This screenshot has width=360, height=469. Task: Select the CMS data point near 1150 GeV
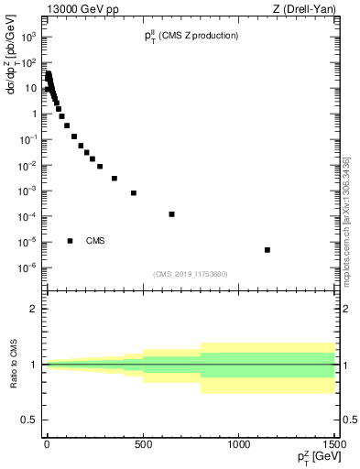[x=267, y=250]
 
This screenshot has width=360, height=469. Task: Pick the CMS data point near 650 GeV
[x=171, y=214]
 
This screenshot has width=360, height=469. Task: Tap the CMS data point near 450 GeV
[x=134, y=193]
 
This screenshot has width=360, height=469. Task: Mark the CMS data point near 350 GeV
[x=115, y=179]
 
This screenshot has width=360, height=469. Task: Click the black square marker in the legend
[x=70, y=241]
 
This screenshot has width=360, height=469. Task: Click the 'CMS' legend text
[x=95, y=241]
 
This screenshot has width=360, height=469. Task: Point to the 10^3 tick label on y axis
[x=30, y=38]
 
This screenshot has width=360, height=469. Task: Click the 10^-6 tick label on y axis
[x=30, y=267]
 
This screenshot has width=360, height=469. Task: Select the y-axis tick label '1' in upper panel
[x=36, y=115]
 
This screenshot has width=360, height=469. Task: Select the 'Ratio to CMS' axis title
[x=14, y=365]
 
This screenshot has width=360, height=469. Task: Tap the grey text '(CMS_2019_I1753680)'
[x=190, y=273]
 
